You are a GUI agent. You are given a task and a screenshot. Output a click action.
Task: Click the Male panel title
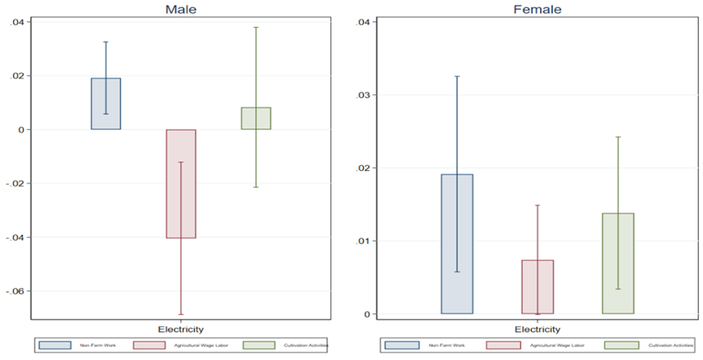[181, 9]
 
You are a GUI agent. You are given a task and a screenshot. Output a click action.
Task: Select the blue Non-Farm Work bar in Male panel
[106, 104]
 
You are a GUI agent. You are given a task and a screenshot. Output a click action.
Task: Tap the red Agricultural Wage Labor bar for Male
[181, 184]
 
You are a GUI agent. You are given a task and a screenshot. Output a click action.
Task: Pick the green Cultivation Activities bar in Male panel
[256, 118]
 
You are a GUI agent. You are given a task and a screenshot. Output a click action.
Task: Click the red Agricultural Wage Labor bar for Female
[537, 287]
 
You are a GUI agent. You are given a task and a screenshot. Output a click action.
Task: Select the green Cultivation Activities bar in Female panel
[618, 263]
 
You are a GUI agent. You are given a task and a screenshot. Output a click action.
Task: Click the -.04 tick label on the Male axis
[17, 237]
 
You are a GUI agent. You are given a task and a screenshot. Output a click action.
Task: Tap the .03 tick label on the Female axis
[362, 95]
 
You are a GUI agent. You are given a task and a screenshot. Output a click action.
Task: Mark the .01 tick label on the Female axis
[362, 241]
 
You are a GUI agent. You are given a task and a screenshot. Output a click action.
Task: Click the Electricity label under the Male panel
[181, 329]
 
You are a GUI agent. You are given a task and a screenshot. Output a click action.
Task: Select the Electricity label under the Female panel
[537, 329]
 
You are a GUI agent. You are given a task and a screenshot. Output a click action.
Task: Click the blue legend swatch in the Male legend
[54, 345]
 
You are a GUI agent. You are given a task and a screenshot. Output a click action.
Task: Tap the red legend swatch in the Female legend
[503, 345]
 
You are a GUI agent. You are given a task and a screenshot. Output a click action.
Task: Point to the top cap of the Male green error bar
[256, 27]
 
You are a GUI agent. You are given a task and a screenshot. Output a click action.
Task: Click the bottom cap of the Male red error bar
[181, 314]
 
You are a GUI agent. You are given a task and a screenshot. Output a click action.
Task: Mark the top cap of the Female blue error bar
[457, 76]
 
